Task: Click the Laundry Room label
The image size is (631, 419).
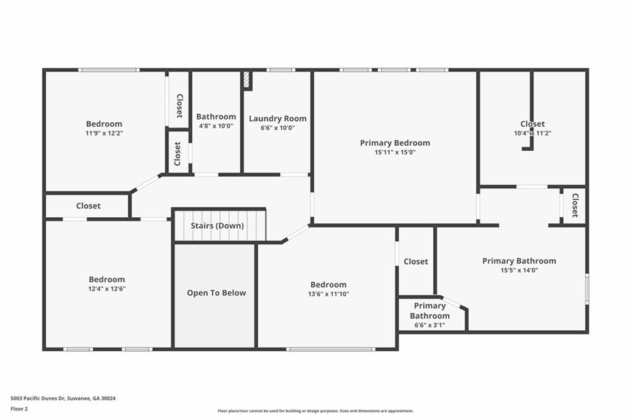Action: (278, 119)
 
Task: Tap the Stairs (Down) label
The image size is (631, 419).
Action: (218, 226)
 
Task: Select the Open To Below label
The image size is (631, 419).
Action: (216, 293)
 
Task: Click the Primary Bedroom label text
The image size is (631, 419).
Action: (395, 143)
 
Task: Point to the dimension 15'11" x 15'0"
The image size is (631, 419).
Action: (395, 152)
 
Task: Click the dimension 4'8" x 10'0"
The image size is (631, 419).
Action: (216, 126)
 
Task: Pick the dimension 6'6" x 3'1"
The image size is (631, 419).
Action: (429, 325)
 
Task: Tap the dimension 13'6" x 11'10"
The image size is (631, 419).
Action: (328, 294)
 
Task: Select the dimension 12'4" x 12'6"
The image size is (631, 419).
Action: (107, 289)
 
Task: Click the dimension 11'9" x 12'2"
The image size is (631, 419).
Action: (104, 133)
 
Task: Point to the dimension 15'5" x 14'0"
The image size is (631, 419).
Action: (519, 270)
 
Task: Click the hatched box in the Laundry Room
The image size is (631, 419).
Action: (246, 81)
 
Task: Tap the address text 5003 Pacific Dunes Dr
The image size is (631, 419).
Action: (38, 399)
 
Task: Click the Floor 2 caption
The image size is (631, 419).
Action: (19, 409)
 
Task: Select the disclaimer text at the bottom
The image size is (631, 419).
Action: (315, 411)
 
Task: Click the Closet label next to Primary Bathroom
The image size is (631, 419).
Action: (416, 261)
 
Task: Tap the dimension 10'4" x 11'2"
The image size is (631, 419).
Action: (532, 134)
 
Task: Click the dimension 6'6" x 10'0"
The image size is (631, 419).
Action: (278, 128)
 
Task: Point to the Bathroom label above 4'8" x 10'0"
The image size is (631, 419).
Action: (216, 116)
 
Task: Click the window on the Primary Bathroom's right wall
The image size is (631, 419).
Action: (587, 289)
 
